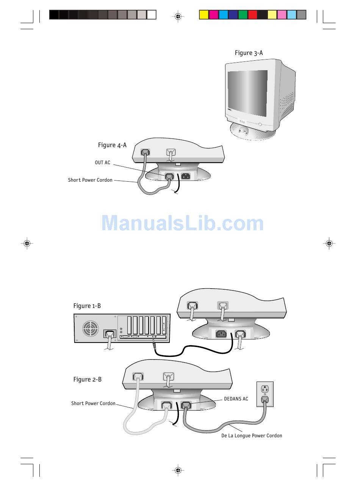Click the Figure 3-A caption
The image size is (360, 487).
(x=249, y=53)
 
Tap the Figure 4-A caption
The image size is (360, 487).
(x=112, y=145)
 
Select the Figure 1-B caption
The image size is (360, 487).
(x=87, y=306)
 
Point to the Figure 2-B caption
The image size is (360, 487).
(x=88, y=380)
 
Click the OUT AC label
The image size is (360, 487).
(x=102, y=163)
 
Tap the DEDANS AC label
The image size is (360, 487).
(x=236, y=399)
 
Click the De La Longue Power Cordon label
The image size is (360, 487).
(x=252, y=436)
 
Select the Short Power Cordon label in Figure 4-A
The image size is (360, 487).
(x=90, y=180)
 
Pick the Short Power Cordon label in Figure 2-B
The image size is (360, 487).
(x=93, y=404)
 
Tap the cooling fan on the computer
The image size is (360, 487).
(x=91, y=328)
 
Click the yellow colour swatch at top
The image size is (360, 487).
(x=204, y=15)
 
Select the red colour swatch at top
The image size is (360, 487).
(x=252, y=15)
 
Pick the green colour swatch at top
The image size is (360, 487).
(x=243, y=15)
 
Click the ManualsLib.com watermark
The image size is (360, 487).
(x=182, y=223)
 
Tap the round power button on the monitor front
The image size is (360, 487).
(x=260, y=124)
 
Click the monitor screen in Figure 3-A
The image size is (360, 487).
(x=247, y=93)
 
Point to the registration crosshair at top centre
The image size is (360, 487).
(x=178, y=16)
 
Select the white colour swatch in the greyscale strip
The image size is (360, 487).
(x=152, y=15)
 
